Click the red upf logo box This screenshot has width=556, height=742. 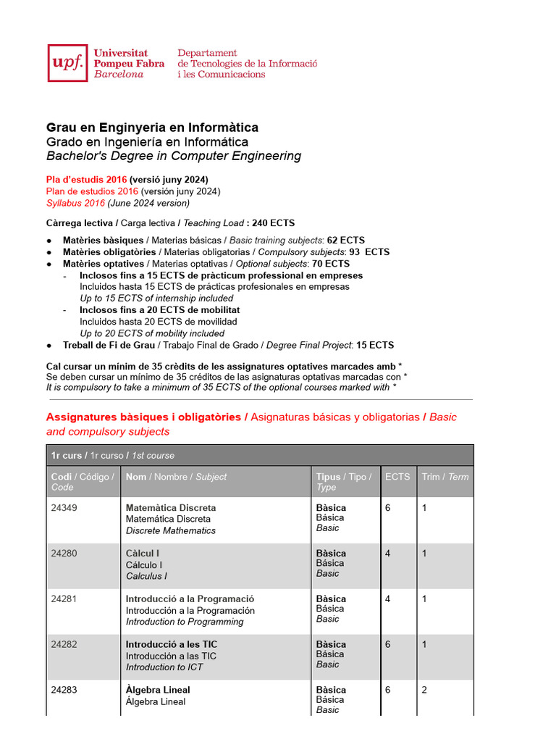(x=69, y=63)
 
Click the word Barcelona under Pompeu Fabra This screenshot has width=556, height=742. (x=119, y=75)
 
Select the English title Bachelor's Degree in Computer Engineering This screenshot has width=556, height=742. (x=174, y=157)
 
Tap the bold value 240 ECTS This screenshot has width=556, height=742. (x=273, y=223)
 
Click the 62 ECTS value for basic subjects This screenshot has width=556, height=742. (x=346, y=241)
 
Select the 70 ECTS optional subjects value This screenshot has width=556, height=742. (x=331, y=264)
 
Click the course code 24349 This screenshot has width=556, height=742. (x=64, y=508)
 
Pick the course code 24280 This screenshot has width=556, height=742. (x=64, y=554)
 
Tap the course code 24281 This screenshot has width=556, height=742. (x=64, y=599)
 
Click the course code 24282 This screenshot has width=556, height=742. (x=64, y=644)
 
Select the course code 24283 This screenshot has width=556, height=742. (x=64, y=690)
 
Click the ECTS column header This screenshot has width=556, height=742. (x=397, y=477)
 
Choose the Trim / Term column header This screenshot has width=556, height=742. (x=445, y=477)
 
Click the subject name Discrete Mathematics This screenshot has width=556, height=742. (x=171, y=530)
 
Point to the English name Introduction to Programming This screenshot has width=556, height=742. (x=185, y=622)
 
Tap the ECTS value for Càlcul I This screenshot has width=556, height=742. (x=388, y=554)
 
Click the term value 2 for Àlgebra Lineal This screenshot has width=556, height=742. (x=425, y=690)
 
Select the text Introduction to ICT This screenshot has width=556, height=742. (x=164, y=667)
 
